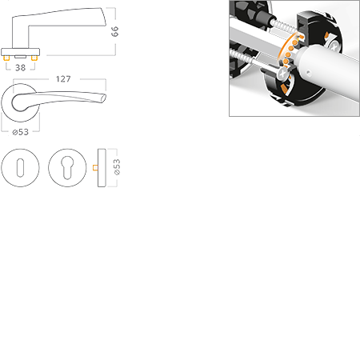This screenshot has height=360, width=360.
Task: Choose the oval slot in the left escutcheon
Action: tap(20, 168)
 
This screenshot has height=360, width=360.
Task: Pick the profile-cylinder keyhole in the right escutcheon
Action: tap(67, 168)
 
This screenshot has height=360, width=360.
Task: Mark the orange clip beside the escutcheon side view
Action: tap(94, 168)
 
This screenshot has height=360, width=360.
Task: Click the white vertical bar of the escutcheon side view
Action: tap(104, 168)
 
